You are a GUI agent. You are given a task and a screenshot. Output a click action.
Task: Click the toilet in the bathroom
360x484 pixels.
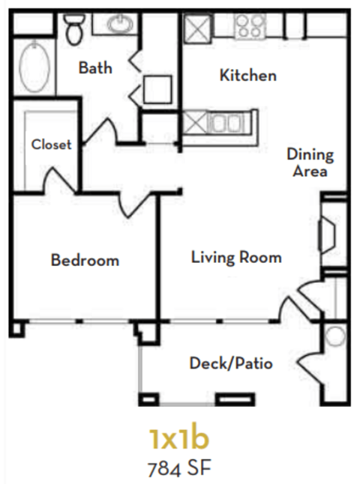pyautogui.click(x=74, y=29)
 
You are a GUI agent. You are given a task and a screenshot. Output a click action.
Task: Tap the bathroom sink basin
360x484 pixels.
pyautogui.click(x=118, y=25)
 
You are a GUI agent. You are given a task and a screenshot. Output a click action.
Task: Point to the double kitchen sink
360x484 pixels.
pyautogui.click(x=223, y=122)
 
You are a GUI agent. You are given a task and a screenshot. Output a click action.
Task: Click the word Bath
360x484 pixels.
pyautogui.click(x=95, y=68)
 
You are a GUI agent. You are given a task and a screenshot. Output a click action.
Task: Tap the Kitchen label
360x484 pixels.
pyautogui.click(x=247, y=75)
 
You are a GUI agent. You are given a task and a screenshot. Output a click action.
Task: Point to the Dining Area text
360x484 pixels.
pyautogui.click(x=310, y=163)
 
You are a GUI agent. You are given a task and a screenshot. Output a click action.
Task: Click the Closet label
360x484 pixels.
pyautogui.click(x=51, y=145)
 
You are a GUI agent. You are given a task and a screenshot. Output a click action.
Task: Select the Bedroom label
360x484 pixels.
pyautogui.click(x=85, y=260)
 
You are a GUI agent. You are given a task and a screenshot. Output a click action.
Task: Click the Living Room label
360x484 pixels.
pyautogui.click(x=236, y=257)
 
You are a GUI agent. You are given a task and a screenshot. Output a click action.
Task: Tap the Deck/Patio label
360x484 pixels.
pyautogui.click(x=230, y=364)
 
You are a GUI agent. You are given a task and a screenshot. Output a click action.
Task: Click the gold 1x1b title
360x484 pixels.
pyautogui.click(x=178, y=437)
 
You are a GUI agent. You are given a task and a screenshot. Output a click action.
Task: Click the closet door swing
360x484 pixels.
pyautogui.click(x=60, y=180)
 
